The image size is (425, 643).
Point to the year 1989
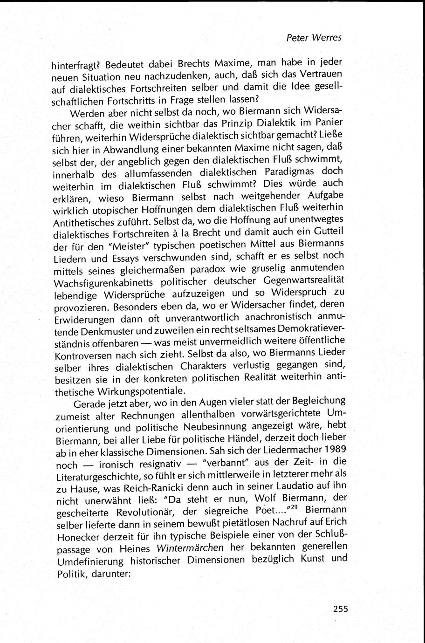click(x=332, y=452)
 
